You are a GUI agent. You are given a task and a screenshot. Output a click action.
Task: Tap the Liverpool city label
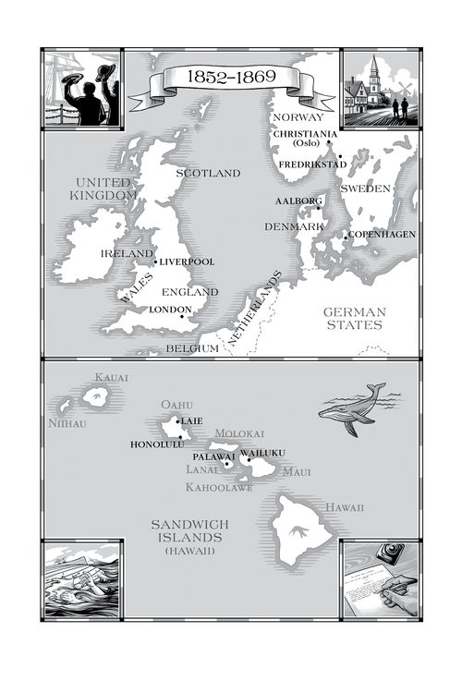(x=188, y=261)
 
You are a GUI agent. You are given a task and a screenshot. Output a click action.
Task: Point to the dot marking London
(x=181, y=317)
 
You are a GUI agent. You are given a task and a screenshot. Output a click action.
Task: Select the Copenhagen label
(x=382, y=234)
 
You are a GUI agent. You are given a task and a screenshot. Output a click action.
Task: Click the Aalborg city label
(x=297, y=201)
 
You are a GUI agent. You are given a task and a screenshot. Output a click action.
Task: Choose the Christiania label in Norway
(x=305, y=134)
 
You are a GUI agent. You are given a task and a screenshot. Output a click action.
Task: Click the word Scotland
(x=208, y=173)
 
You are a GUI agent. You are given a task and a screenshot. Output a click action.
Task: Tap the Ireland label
(x=127, y=253)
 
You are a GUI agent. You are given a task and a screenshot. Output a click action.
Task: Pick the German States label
(x=354, y=318)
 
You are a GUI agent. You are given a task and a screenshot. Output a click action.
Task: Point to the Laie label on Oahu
(x=192, y=420)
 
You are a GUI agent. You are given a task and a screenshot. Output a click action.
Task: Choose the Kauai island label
(x=111, y=377)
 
